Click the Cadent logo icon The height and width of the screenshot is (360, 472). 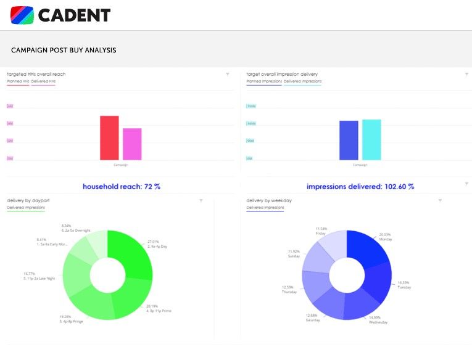[22, 15]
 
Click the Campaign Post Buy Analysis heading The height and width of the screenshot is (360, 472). [64, 50]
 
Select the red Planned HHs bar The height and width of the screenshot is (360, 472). [109, 138]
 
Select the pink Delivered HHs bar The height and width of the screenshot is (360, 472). [132, 144]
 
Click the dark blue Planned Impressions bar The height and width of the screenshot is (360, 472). [349, 141]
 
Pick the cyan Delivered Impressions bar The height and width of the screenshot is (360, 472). [371, 140]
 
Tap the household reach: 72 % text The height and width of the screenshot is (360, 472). [122, 186]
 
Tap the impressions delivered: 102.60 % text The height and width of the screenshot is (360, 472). [360, 186]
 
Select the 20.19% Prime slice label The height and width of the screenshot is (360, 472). [159, 308]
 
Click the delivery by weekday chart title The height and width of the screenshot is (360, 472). [269, 200]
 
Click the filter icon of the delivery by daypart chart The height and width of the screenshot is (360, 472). [201, 200]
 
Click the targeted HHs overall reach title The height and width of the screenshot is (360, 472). [36, 74]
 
